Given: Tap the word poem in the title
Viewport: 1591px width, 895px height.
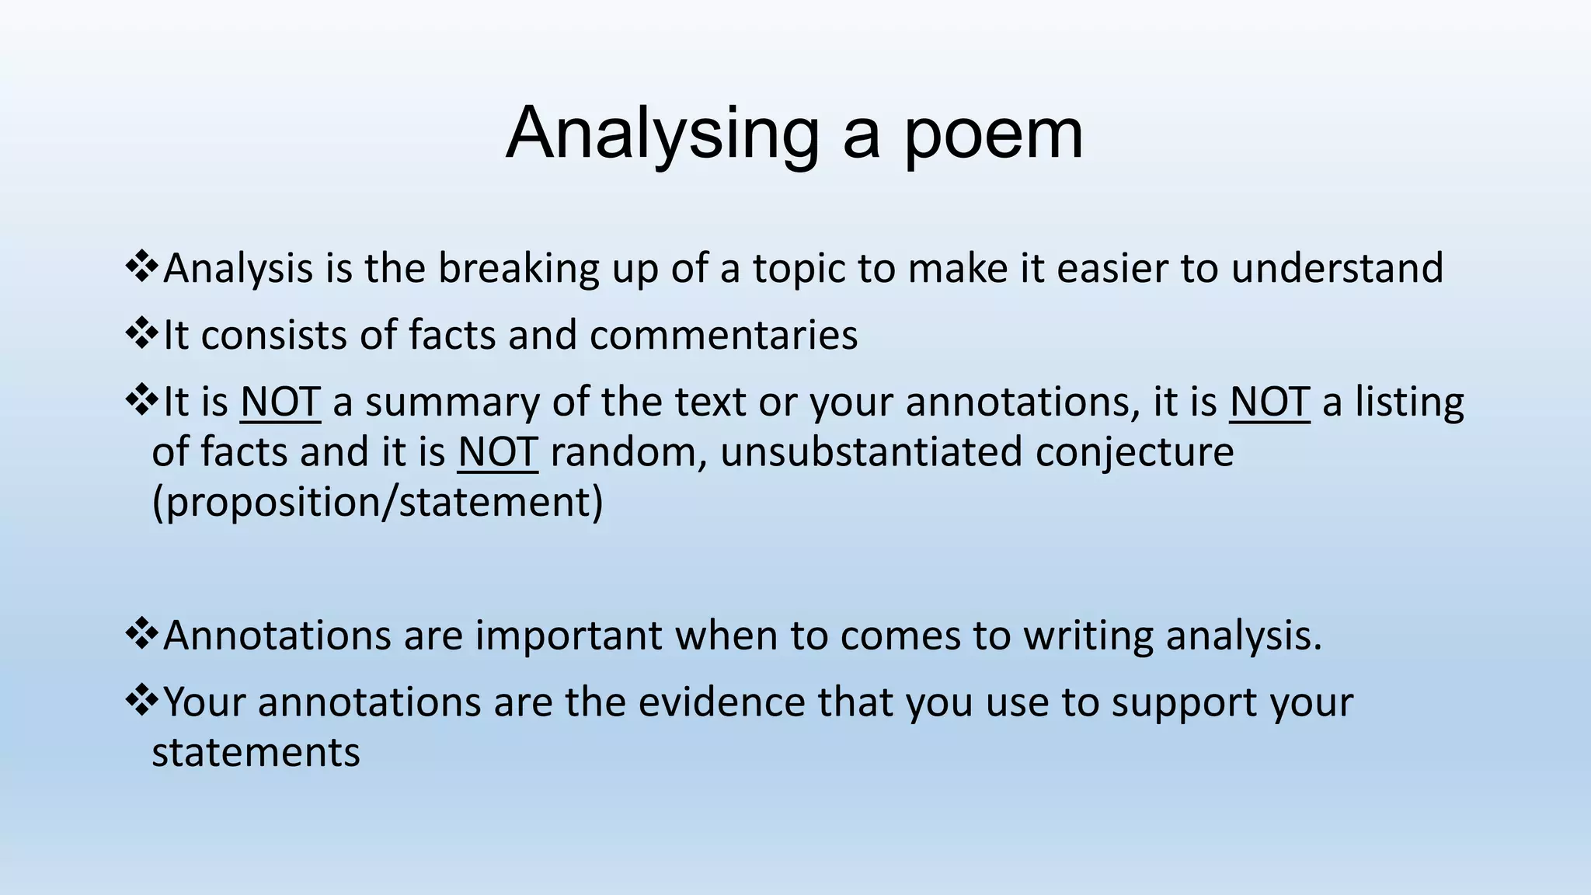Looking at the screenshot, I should [993, 134].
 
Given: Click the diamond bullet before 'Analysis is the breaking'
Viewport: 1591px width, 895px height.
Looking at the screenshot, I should [141, 267].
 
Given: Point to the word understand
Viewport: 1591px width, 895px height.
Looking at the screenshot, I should [1337, 269].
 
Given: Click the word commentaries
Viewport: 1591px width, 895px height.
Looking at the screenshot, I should [723, 336].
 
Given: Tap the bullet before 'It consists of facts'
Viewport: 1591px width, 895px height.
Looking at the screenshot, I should [141, 334].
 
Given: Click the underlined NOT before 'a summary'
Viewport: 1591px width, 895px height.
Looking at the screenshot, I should [280, 402].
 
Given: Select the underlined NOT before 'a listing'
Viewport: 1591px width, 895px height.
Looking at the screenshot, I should [1269, 402].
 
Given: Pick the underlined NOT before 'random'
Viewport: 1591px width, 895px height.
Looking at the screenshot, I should [498, 452].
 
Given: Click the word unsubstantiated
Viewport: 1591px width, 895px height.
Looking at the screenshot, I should [871, 452].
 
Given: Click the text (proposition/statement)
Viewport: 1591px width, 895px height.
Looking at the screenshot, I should [378, 503].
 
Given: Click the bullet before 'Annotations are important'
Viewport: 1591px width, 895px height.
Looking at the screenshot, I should [141, 634].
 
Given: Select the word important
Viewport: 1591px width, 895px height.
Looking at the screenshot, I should [568, 636].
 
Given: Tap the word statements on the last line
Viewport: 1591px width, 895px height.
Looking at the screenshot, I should [256, 752].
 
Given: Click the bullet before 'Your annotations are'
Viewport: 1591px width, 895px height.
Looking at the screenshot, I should [141, 701].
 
